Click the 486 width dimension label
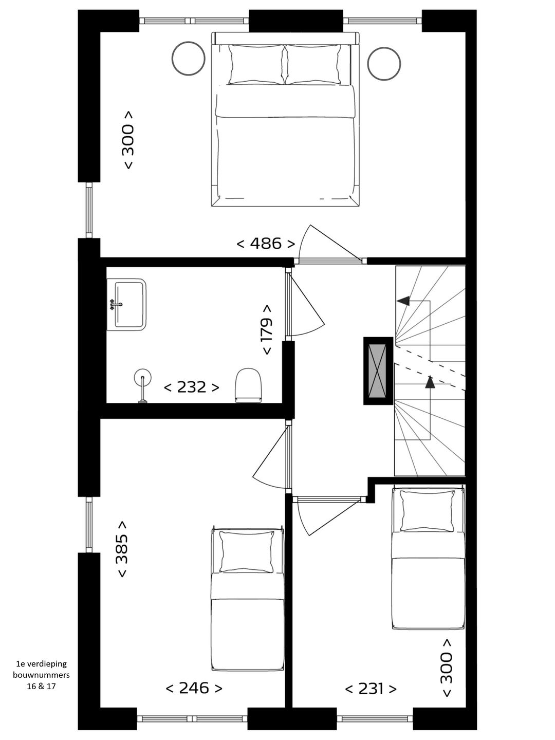266,243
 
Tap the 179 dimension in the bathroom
267,330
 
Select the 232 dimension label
191,387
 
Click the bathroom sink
127,305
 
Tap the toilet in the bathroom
248,385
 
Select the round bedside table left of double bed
189,58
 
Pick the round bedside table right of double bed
384,64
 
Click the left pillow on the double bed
256,64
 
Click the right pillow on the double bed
313,64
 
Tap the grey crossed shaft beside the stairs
378,371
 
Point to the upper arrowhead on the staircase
404,301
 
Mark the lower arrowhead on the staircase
430,382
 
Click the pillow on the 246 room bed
247,551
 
